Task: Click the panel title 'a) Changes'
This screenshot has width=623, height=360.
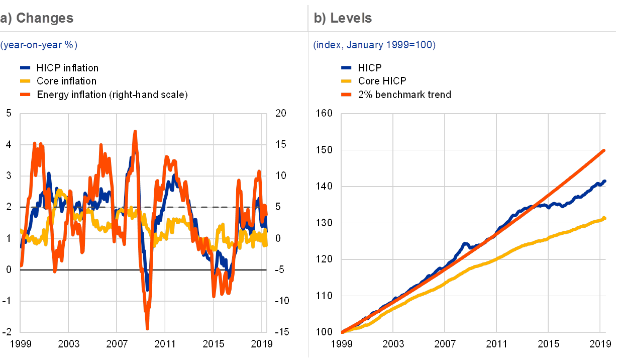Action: [37, 19]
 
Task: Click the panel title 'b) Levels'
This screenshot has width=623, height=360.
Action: [343, 19]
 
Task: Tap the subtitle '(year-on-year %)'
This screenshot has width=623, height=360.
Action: [39, 45]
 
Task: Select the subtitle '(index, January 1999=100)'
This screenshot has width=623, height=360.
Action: [374, 45]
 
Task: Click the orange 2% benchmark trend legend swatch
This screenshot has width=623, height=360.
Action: [346, 94]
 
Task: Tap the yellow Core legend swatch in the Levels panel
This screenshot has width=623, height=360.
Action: [346, 80]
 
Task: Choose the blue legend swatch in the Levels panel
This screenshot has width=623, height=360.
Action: [346, 67]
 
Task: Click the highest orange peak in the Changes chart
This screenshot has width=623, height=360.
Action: [135, 132]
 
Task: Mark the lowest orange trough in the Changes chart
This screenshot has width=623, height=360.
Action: [147, 328]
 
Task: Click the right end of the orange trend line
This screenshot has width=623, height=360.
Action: [604, 150]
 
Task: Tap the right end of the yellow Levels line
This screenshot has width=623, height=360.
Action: [604, 218]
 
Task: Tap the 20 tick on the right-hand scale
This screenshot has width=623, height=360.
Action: [280, 114]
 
